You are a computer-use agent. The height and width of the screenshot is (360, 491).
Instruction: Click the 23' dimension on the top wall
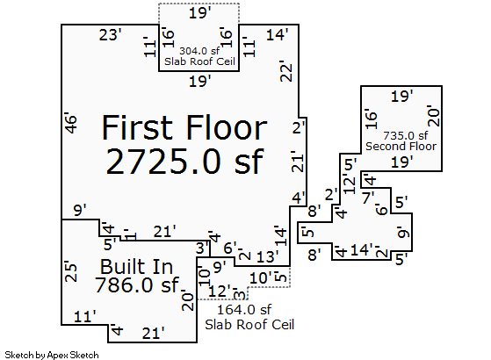click(x=110, y=35)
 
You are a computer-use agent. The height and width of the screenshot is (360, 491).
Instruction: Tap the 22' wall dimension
click(x=286, y=71)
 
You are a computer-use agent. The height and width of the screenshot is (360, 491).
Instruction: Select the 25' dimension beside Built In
click(x=71, y=272)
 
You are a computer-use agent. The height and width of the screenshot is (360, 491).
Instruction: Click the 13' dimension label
click(x=267, y=257)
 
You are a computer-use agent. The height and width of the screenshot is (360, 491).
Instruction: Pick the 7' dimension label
click(x=368, y=198)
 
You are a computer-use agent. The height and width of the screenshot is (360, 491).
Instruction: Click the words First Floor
click(x=184, y=127)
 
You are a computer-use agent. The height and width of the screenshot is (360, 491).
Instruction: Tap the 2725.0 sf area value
click(x=184, y=162)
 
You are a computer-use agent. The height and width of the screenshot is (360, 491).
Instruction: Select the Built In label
click(x=136, y=267)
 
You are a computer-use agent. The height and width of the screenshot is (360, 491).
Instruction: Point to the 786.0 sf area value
click(x=136, y=285)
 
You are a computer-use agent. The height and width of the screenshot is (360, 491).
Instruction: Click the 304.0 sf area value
click(x=199, y=51)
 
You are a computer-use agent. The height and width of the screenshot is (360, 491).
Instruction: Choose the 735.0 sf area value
click(x=406, y=136)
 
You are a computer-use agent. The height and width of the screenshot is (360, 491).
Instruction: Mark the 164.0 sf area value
click(x=244, y=310)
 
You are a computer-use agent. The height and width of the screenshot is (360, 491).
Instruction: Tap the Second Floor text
click(x=401, y=146)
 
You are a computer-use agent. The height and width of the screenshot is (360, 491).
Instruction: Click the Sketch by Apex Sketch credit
click(x=52, y=356)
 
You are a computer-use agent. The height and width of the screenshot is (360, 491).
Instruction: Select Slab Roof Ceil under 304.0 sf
click(x=199, y=61)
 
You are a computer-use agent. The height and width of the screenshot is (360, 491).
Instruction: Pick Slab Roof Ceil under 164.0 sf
click(x=249, y=325)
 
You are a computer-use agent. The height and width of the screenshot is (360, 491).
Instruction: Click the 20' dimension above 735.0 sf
click(x=434, y=116)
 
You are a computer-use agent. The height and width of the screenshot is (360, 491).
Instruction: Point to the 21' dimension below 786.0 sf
click(x=153, y=334)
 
